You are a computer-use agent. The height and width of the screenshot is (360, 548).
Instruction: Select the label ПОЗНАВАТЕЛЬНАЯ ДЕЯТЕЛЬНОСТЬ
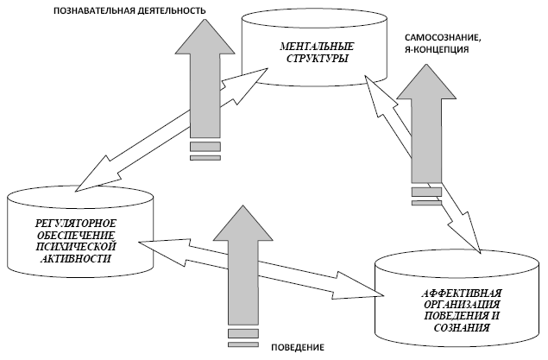pyautogui.click(x=129, y=11)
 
